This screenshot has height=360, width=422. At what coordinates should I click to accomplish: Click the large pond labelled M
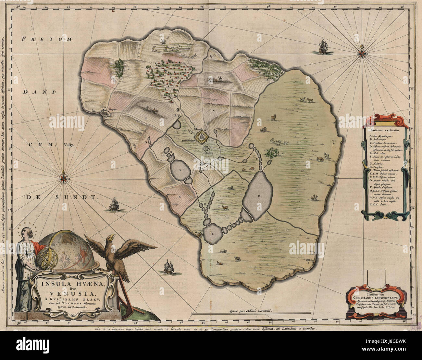click(x=256, y=196)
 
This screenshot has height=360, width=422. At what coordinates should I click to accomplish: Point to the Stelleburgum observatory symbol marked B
click(x=205, y=149)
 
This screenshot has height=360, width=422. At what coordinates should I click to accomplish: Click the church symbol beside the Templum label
click(x=105, y=112)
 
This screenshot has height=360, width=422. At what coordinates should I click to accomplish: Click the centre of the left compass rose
click(x=64, y=178)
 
